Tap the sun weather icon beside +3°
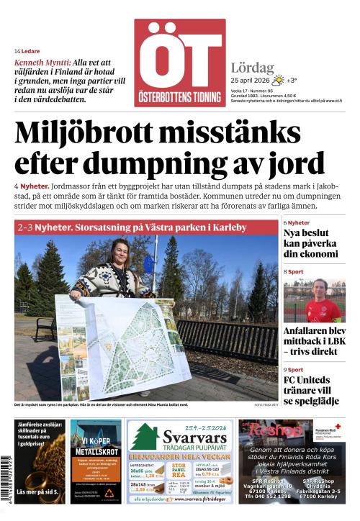click(278, 80)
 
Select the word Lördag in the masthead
click(253, 67)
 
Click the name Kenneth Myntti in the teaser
click(42, 63)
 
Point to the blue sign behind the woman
click(149, 263)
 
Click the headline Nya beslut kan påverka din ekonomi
click(310, 243)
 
